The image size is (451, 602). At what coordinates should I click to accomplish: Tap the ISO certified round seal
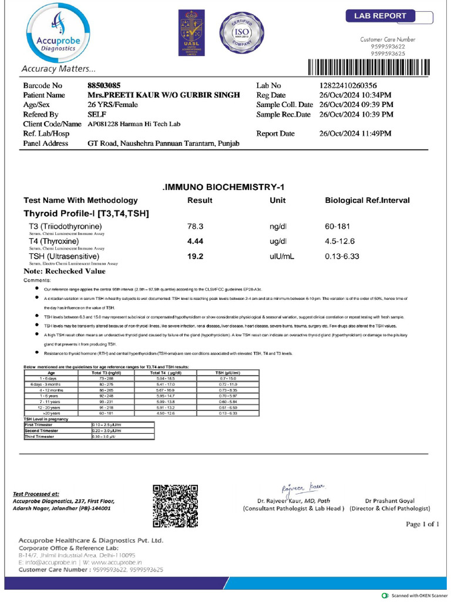tap(238, 35)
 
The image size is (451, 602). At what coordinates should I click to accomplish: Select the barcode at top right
tap(372, 68)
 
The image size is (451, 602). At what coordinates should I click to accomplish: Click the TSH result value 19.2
tap(195, 257)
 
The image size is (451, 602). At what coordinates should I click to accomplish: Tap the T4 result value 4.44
tap(195, 242)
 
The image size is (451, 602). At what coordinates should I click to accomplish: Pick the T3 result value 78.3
tap(195, 226)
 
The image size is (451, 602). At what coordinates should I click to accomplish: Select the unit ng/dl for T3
tap(278, 226)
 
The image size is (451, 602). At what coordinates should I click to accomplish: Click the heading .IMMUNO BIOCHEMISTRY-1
tap(223, 187)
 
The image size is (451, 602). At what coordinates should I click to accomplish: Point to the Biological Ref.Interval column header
tap(367, 200)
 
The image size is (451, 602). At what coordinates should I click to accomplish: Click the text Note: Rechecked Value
tap(65, 272)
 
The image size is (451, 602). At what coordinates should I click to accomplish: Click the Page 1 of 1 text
tap(422, 524)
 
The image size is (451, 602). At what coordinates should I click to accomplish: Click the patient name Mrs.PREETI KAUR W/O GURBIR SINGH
tap(163, 95)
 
